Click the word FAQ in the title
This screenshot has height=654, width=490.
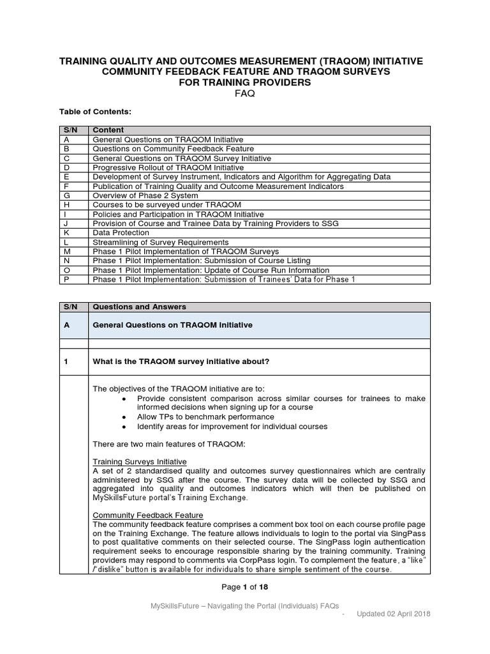[245, 93]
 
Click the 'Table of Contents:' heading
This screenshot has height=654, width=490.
[94, 112]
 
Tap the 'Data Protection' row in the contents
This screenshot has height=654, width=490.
[121, 233]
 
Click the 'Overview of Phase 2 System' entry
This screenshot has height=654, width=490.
[145, 195]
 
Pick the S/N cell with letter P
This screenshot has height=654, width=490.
[66, 280]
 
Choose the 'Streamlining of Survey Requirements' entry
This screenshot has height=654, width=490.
[160, 242]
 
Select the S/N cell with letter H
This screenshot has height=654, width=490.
[66, 205]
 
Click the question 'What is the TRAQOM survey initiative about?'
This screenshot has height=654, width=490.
[181, 362]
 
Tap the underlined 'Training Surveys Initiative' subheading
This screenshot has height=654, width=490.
[140, 461]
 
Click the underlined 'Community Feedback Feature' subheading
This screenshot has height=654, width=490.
[148, 515]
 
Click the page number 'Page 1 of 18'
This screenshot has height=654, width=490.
[245, 587]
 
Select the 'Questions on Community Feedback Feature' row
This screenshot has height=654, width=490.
[173, 149]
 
